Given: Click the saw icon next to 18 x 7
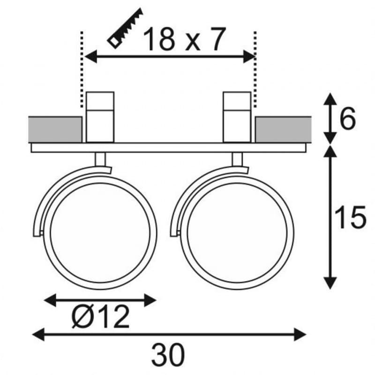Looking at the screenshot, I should (125, 28).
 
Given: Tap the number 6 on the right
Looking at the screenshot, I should (347, 119).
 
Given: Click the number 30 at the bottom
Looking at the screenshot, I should (168, 355).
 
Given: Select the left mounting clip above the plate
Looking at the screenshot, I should (100, 117).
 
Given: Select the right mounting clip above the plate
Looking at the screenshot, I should (237, 117).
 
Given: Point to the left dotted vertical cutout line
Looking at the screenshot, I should (82, 70).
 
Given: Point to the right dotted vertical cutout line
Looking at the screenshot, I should (255, 70).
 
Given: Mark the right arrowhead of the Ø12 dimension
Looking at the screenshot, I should (150, 300).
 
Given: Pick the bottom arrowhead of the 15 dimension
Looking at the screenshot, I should (330, 283).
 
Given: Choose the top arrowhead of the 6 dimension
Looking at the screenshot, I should (330, 99).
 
